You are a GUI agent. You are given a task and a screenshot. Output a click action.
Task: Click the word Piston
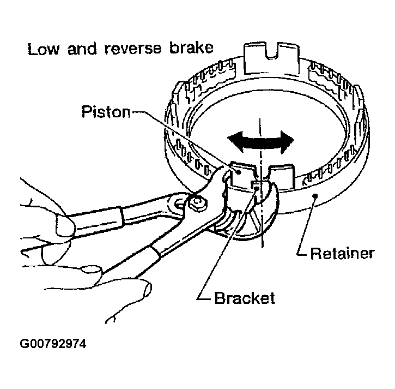click(x=106, y=112)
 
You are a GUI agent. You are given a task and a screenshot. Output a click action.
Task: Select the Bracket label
click(x=245, y=298)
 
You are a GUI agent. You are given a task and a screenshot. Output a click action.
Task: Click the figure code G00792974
click(x=53, y=345)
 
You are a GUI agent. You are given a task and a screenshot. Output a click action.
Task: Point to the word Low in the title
click(x=43, y=50)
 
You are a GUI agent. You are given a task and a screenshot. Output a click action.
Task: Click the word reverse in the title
click(x=133, y=50)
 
